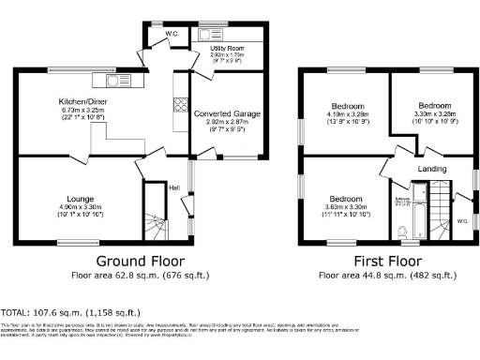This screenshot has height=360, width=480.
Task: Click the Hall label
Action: pos(174,187)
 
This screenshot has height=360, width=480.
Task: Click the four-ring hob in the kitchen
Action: pos(178,103)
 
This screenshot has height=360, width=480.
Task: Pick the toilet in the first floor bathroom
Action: pos(402,231)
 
